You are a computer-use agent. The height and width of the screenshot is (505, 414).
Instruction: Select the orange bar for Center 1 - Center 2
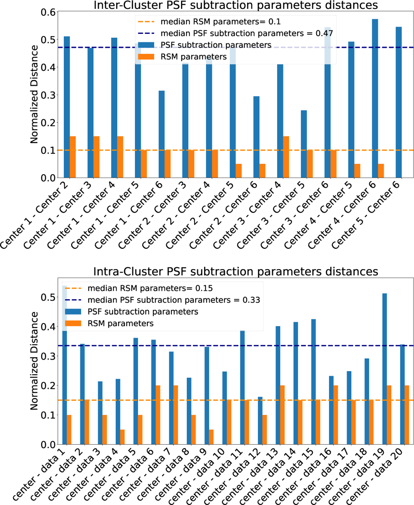[73, 157]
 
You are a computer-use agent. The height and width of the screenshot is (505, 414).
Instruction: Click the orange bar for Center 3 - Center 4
[286, 157]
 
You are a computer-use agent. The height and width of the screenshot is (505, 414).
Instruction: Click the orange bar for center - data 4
[122, 437]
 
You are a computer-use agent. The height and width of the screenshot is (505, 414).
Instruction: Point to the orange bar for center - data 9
[211, 437]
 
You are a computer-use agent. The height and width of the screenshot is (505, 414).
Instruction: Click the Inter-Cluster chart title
[236, 6]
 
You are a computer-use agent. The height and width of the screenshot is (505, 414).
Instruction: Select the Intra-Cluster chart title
[236, 272]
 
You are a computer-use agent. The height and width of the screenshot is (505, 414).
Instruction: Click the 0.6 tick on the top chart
[48, 12]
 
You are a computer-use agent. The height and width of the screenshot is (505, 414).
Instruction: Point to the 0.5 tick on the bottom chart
[48, 297]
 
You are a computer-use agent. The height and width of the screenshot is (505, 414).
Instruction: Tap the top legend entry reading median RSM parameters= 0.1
[220, 22]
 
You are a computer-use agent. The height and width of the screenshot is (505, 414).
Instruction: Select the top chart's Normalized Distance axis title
[34, 94]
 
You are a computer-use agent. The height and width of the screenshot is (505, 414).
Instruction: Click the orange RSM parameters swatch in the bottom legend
[73, 323]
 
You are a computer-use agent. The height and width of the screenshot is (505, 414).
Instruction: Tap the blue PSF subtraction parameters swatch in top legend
[146, 45]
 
